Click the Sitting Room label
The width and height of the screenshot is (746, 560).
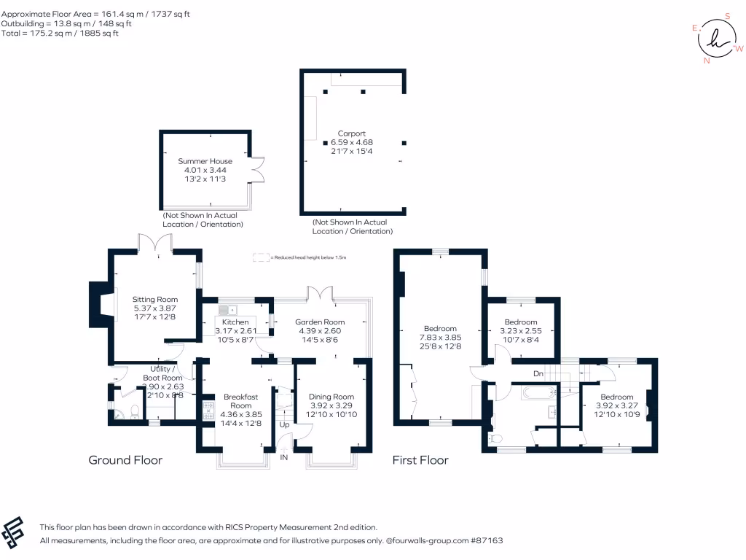154,299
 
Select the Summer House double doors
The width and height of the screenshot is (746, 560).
256,168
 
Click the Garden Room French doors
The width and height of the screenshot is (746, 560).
318,292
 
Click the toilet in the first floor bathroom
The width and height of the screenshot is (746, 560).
496,439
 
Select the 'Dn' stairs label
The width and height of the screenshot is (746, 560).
538,374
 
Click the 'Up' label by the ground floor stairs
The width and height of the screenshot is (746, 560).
284,424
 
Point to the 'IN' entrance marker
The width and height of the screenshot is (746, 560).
283,458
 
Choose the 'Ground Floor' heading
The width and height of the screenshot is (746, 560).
125,460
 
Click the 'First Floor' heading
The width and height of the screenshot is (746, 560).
420,460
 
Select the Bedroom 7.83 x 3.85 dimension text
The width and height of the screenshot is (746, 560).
440,338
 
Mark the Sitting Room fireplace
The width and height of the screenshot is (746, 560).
99,304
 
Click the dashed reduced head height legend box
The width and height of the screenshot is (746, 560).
260,257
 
